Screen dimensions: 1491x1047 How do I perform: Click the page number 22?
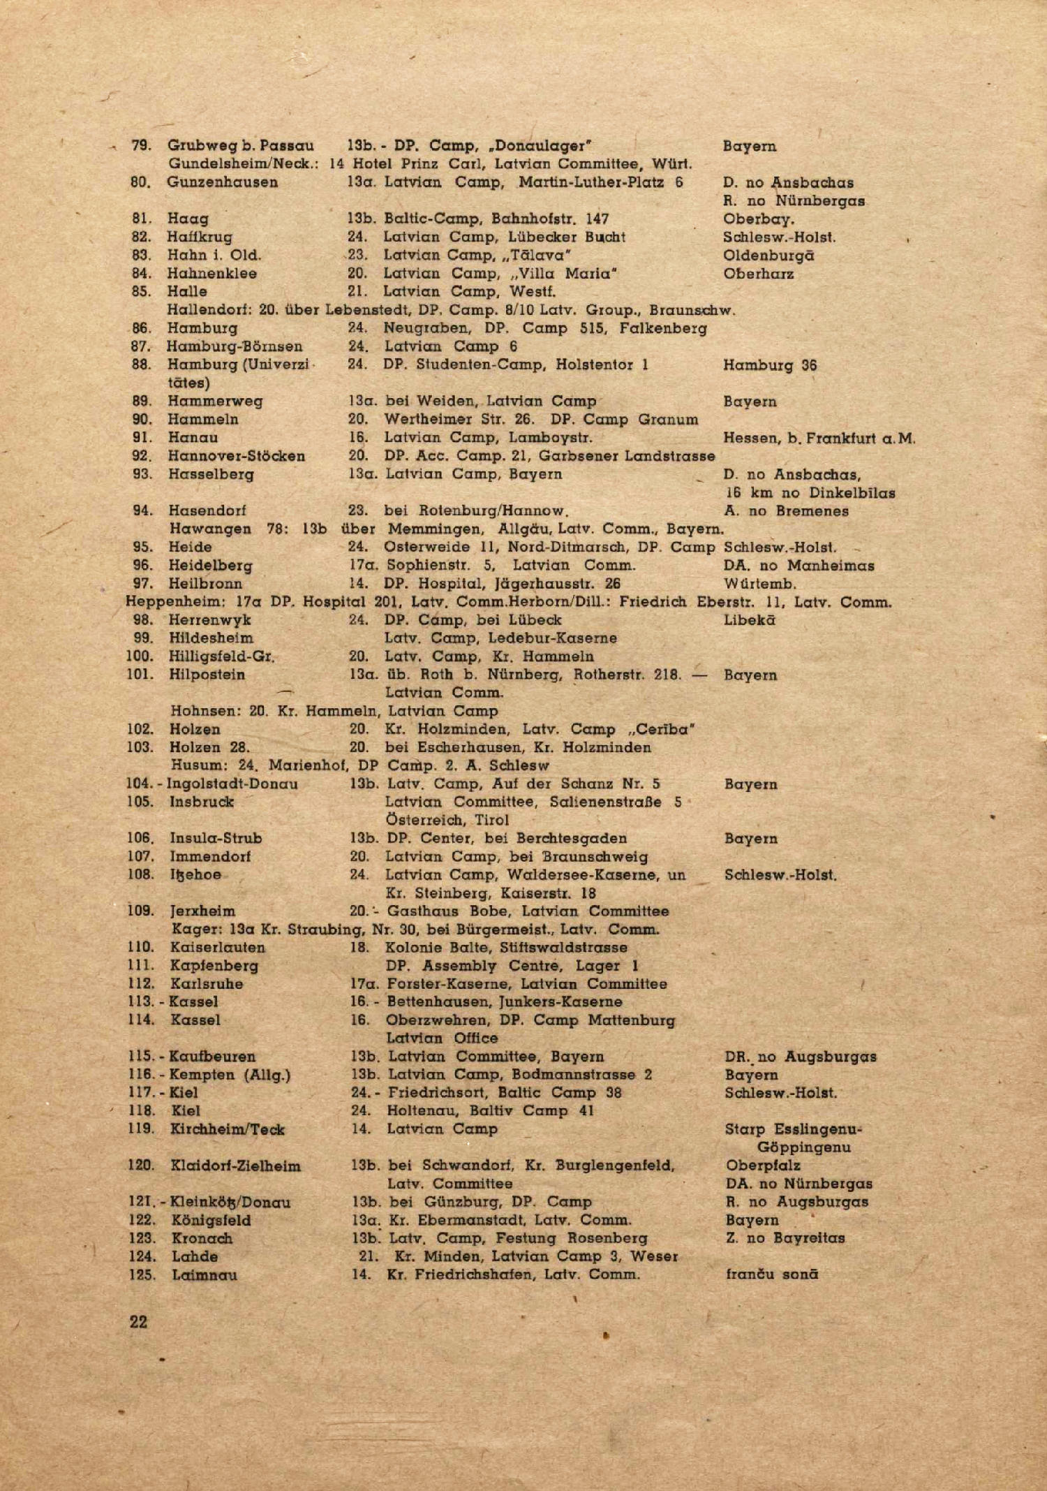138,1321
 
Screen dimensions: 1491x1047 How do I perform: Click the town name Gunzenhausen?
222,182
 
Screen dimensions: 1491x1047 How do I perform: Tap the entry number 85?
141,291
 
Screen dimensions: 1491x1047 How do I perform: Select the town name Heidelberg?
210,565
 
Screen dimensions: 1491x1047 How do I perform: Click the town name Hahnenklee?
211,273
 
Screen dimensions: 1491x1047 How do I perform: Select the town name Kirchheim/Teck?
228,1129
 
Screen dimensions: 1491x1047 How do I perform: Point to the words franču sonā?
772,1275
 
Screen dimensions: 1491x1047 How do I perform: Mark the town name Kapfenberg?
214,966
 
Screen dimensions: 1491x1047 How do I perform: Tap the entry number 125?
142,1275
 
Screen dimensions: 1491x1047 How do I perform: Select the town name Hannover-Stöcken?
236,456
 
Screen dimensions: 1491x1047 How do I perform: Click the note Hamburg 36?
769,365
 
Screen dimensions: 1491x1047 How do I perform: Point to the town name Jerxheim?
202,911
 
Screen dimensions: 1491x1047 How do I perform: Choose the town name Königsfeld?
211,1220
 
